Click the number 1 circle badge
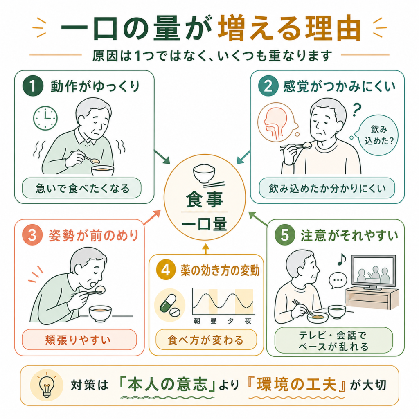click(x=33, y=86)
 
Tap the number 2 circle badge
click(x=268, y=86)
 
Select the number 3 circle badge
click(x=32, y=235)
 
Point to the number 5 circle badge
click(x=285, y=235)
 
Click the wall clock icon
click(x=45, y=118)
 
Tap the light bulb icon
click(x=47, y=385)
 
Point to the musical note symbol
click(x=342, y=259)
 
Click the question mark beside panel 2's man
click(x=357, y=110)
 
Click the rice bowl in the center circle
click(x=204, y=173)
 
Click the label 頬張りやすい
click(x=78, y=340)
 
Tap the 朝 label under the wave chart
click(x=197, y=321)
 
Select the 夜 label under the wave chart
click(x=248, y=321)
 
